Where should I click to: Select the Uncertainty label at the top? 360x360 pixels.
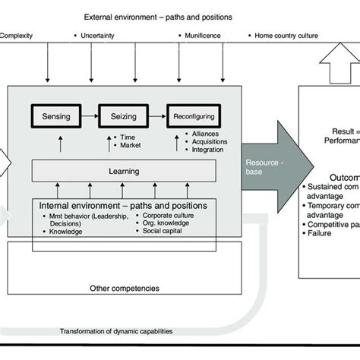click(100, 35)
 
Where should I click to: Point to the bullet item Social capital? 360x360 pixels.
click(166, 230)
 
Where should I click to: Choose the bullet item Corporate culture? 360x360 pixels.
click(171, 216)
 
